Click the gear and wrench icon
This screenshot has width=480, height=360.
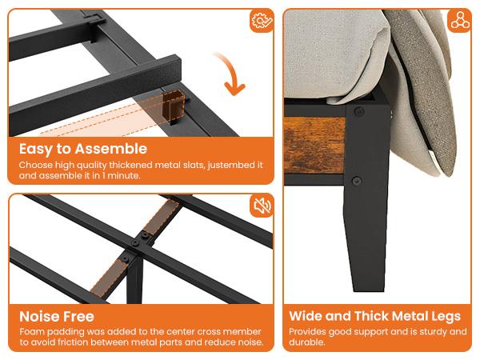point(261,22)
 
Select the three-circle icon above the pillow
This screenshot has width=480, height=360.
point(458,22)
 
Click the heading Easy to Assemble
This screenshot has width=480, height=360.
point(83,149)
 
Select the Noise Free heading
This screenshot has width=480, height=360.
point(57,317)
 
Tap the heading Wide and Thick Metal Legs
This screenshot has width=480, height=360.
point(374,316)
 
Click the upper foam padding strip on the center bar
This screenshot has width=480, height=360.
point(164,218)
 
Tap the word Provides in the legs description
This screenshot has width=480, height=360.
point(307,331)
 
